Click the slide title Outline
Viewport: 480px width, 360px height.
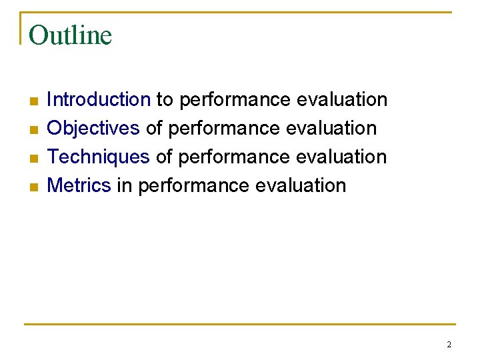click(x=70, y=35)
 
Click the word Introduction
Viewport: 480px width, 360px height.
click(x=99, y=100)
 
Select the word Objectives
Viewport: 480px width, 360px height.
click(x=93, y=128)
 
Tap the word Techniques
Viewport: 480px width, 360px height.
click(x=99, y=157)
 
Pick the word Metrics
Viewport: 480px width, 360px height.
click(x=79, y=185)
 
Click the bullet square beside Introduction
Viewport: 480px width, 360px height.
click(x=34, y=101)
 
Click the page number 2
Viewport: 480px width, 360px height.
click(x=449, y=345)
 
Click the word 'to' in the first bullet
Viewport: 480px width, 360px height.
click(x=165, y=100)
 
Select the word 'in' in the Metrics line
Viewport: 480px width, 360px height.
click(x=125, y=185)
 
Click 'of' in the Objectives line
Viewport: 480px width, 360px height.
click(x=154, y=128)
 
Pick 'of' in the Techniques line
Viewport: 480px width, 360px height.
click(x=164, y=157)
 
